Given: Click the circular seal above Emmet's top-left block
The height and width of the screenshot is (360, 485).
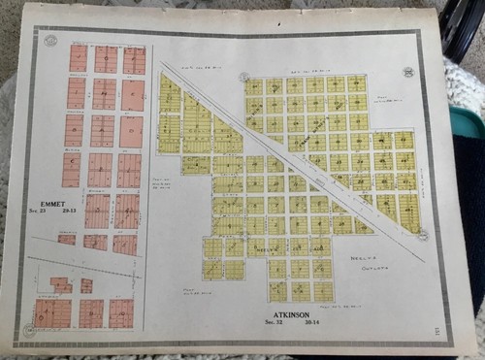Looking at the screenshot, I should pyautogui.click(x=50, y=41).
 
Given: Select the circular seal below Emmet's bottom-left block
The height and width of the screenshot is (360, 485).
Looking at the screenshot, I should pyautogui.click(x=28, y=332).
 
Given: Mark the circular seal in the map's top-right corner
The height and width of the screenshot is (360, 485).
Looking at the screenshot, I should pyautogui.click(x=408, y=72).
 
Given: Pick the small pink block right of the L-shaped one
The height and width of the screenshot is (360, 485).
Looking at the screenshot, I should pyautogui.click(x=86, y=285).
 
